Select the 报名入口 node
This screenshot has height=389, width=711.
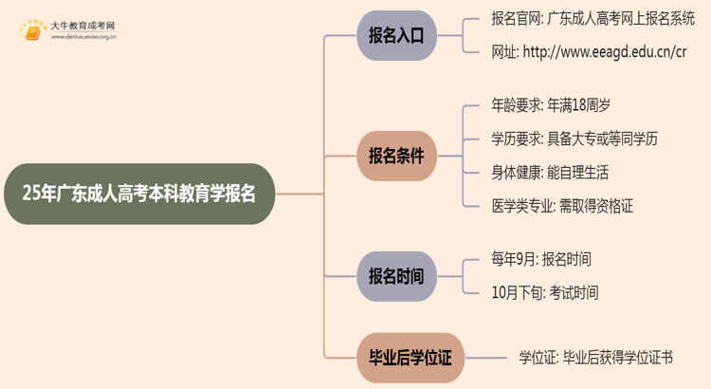click(x=396, y=36)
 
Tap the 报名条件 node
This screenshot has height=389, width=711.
click(x=396, y=156)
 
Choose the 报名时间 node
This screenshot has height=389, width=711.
click(x=396, y=276)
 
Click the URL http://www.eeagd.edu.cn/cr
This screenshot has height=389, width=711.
click(x=589, y=52)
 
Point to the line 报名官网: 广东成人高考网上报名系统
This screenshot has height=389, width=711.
click(x=593, y=19)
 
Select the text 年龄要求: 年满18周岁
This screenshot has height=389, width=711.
click(x=544, y=105)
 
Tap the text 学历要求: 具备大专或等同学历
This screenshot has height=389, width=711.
click(x=574, y=139)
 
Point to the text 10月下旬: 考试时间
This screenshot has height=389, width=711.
click(x=545, y=293)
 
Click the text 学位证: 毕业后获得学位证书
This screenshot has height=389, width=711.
click(x=595, y=358)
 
